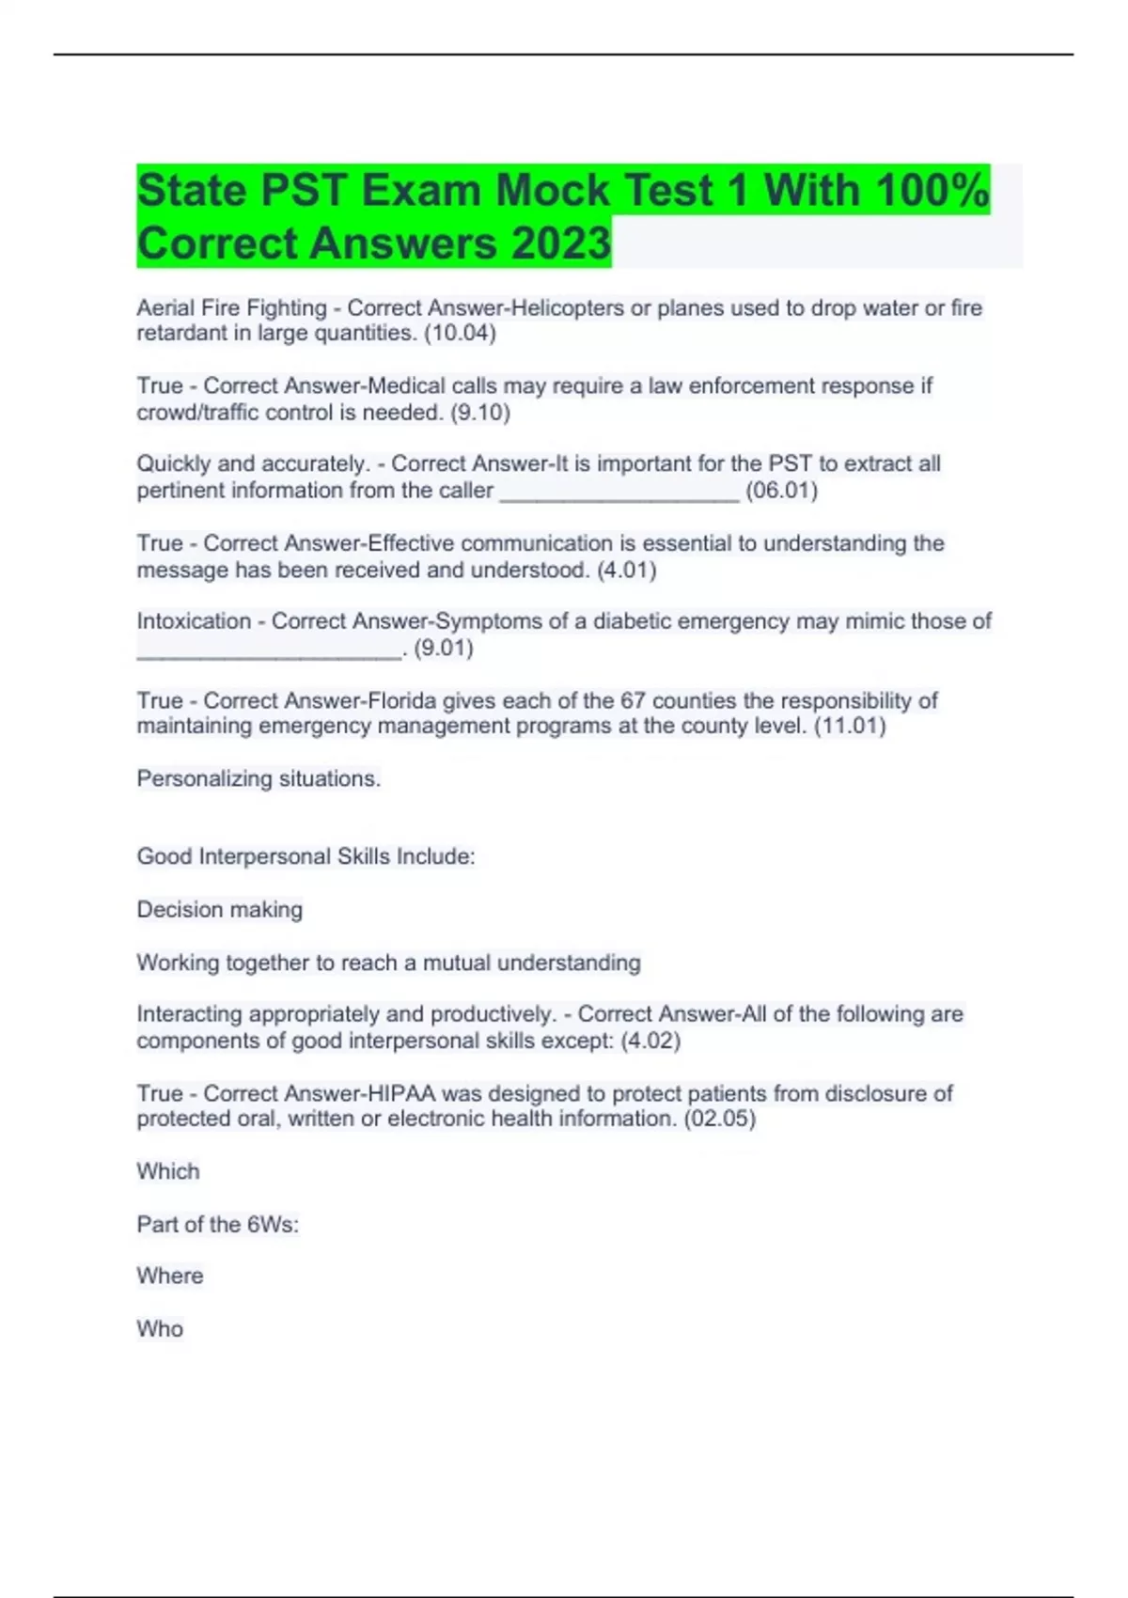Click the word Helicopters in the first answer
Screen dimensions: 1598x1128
pos(567,308)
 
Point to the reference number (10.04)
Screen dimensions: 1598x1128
pos(460,333)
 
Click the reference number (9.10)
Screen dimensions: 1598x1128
pos(480,413)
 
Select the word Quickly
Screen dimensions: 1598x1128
pos(174,464)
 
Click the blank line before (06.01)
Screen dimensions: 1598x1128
pos(619,493)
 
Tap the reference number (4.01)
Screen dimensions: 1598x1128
pos(626,570)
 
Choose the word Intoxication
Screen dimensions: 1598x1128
pos(194,621)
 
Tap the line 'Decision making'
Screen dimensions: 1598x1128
pos(220,910)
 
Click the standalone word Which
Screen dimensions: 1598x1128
pos(168,1172)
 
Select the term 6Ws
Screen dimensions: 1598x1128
pos(272,1225)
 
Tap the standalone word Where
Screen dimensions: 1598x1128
pos(170,1277)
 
